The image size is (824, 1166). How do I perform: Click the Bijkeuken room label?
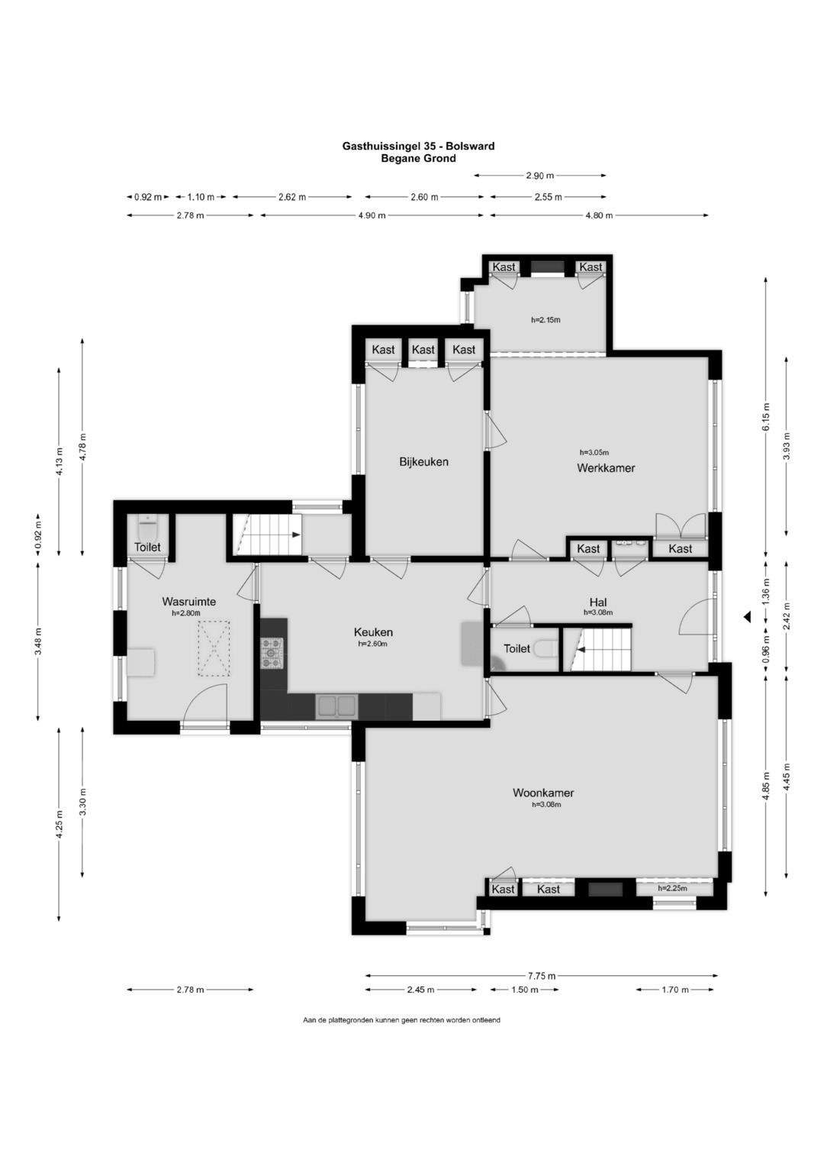point(423,462)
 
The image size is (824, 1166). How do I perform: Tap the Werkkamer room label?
point(606,468)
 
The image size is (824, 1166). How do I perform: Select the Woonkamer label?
point(543,793)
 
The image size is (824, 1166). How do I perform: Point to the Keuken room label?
point(373,632)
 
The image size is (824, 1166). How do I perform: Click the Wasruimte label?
point(189,602)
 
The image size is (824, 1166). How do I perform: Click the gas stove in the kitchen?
point(272,653)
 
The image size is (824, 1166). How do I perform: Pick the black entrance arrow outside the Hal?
point(747,617)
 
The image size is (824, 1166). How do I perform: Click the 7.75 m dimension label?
point(541,975)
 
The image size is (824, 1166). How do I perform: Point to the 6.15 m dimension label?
point(765,414)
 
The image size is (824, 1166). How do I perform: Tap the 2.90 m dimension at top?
point(539,176)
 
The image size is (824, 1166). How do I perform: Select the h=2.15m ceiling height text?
point(546,320)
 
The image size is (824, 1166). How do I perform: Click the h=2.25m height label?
point(672,888)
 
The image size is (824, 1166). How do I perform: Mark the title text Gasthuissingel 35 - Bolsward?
point(418,147)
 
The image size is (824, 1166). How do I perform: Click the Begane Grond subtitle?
point(418,159)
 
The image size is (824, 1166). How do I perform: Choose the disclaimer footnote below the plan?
point(401,1020)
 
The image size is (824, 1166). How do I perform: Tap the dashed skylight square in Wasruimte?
point(214,648)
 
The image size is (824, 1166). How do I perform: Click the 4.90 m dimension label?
point(372,215)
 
